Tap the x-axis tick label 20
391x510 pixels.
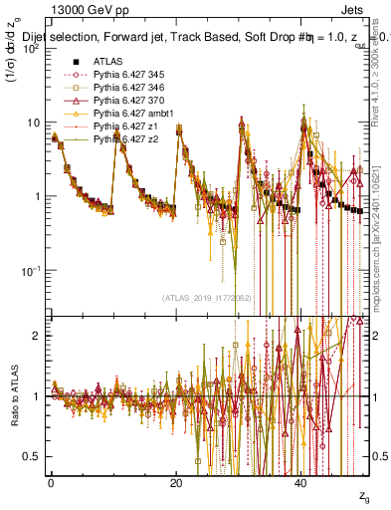(x=176, y=482)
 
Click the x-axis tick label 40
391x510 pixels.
(x=301, y=482)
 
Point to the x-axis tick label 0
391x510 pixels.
(x=52, y=482)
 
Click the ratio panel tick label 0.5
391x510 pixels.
(x=32, y=456)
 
